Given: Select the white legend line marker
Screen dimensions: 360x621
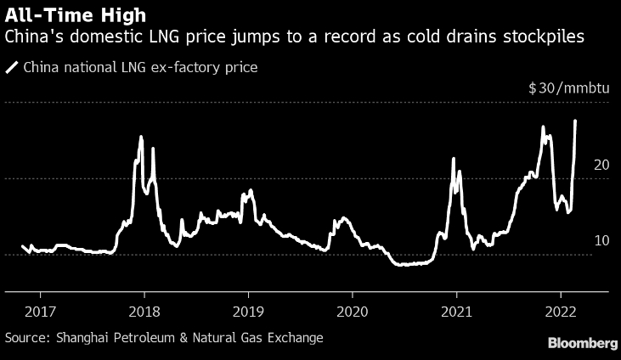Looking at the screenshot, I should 13,67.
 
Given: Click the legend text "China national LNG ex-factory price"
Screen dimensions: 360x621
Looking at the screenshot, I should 140,67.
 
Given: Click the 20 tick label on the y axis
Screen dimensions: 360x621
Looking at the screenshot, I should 600,165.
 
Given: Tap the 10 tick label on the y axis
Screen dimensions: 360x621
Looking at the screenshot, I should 600,241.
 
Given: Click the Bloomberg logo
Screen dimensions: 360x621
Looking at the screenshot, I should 582,343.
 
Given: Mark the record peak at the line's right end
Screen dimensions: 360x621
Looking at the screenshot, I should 576,121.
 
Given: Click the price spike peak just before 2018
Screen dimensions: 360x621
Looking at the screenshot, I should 141,137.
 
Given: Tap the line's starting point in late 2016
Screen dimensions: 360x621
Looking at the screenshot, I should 22,246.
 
